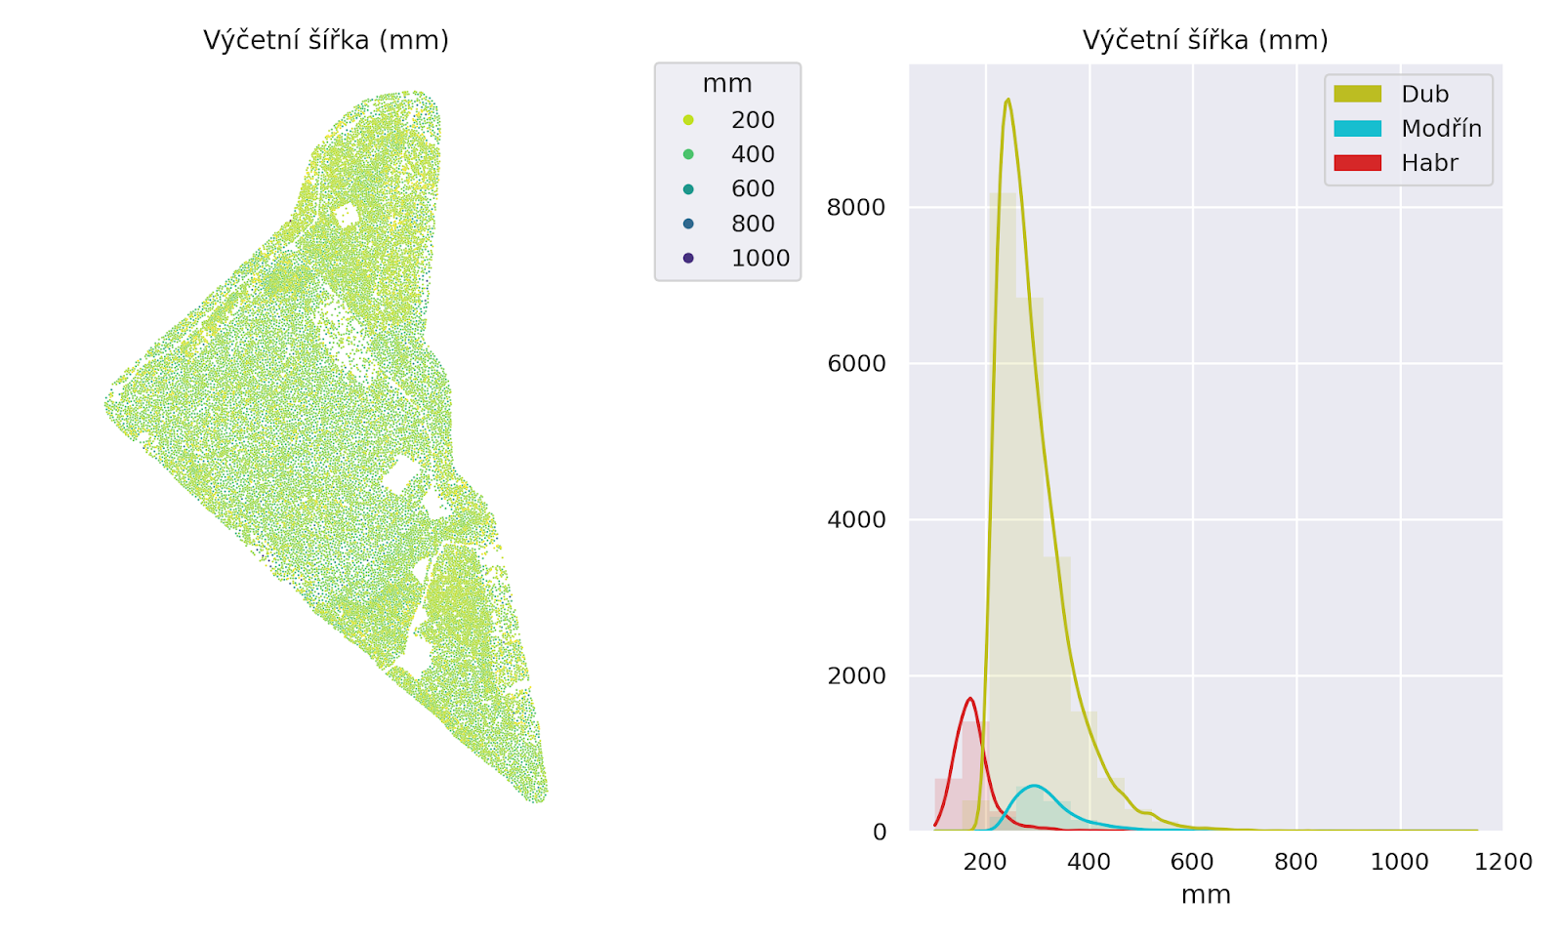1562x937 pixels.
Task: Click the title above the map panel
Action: point(325,40)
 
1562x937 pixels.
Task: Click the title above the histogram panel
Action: point(1205,40)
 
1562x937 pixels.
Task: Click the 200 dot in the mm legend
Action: point(688,120)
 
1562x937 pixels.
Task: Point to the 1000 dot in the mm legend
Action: point(688,258)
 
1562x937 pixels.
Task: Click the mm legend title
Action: point(727,84)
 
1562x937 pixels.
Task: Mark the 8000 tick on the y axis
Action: point(855,207)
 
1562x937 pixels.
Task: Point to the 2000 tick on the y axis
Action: point(855,675)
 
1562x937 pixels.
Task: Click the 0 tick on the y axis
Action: point(879,832)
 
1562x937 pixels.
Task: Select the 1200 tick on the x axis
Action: point(1503,862)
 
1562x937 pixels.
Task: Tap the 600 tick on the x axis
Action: point(1192,862)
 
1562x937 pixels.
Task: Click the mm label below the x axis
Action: point(1206,895)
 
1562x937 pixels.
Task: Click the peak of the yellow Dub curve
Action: point(1007,99)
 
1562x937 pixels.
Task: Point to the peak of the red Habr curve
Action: point(969,698)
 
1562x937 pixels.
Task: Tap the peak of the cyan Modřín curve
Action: point(1034,786)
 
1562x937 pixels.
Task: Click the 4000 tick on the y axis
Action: point(855,519)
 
